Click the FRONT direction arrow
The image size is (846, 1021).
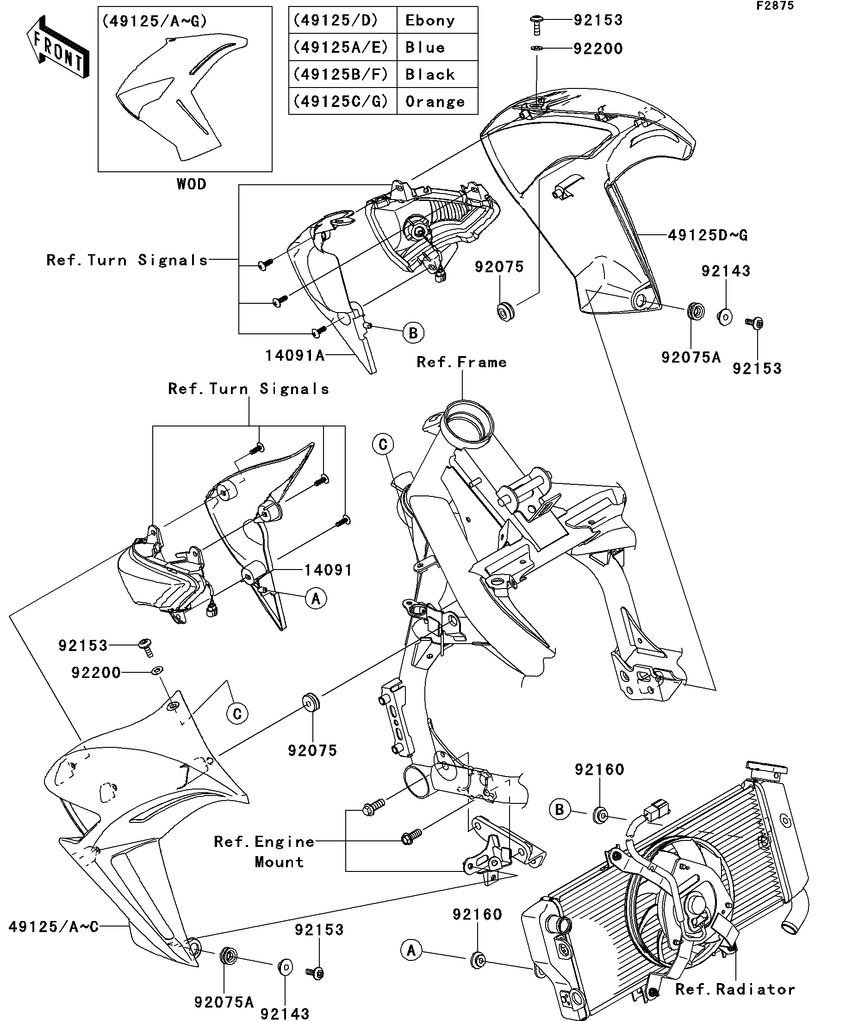point(58,48)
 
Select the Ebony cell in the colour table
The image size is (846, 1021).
point(430,20)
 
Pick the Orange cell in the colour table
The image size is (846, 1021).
point(435,101)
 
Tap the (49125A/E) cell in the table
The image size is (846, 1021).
point(342,47)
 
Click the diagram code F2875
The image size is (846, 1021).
point(775,6)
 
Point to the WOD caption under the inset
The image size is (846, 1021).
point(192,184)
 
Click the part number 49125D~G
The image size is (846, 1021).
point(708,235)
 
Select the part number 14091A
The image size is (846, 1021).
point(294,356)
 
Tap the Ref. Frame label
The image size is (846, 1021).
point(461,362)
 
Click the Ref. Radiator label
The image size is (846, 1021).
point(735,989)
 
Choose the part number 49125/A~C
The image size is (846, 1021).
point(53,926)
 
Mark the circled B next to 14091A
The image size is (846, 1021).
point(413,333)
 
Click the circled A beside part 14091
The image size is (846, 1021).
point(316,600)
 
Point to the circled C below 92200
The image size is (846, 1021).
point(237,714)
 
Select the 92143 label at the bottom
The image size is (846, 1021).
point(285,1014)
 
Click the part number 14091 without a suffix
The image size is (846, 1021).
point(328,570)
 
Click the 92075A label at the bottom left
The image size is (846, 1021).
point(224,1002)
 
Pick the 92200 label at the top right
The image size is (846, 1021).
point(598,49)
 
